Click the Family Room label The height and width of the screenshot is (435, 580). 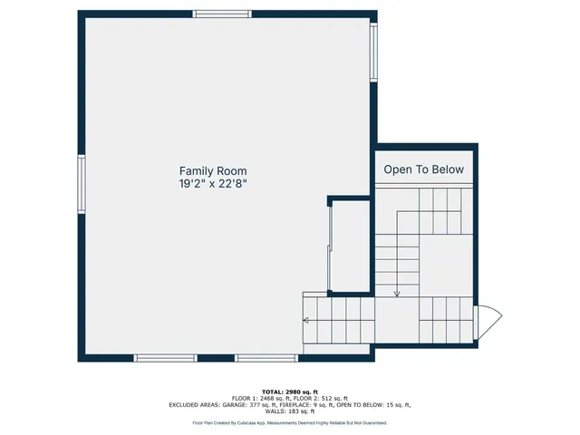coord(213,170)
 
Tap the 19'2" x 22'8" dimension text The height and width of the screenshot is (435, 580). coord(213,183)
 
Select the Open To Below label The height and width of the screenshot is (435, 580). coord(423,169)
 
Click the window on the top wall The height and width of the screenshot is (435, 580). coord(223,14)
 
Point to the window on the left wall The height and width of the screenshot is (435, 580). coord(82,183)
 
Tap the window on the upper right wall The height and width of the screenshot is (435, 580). coord(372,53)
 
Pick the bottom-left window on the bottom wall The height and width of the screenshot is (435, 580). coord(166,358)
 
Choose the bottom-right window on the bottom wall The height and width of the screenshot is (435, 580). coord(266,358)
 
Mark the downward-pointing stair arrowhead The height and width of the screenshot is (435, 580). coord(397,293)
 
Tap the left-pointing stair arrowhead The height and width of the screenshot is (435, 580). coord(307,320)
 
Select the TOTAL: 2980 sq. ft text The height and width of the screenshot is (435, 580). coord(290,391)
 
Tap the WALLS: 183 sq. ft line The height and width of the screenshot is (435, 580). coord(290,412)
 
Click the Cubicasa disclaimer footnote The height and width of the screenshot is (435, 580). coord(290,422)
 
